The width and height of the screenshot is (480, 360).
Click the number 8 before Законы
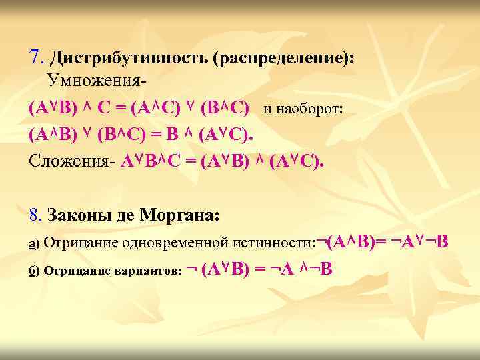click(35, 215)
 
